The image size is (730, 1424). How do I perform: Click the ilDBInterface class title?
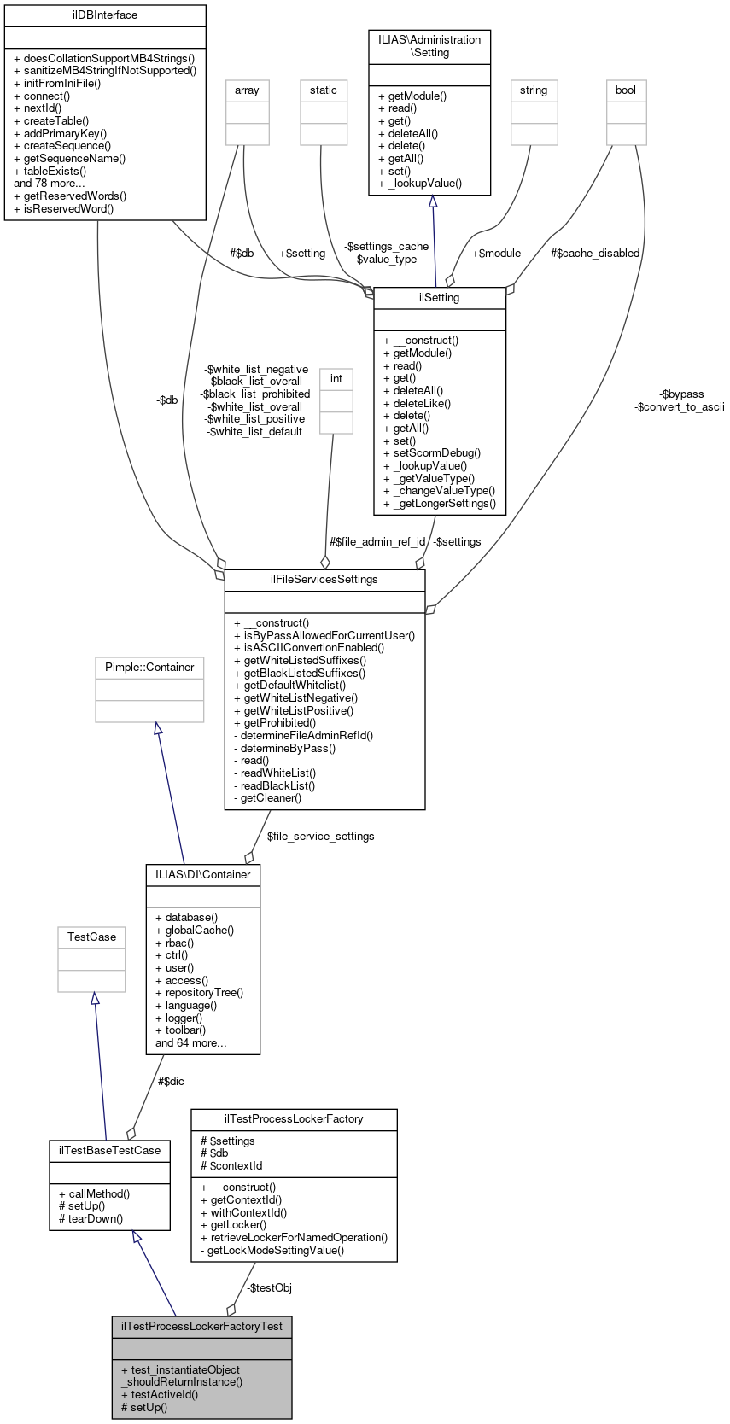(105, 15)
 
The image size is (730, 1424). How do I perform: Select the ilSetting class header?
(440, 298)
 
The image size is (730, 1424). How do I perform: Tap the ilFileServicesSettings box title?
(324, 580)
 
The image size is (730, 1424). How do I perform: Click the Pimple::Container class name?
(149, 668)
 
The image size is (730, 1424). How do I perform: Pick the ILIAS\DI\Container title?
(203, 875)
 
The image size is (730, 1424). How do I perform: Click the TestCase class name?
(92, 937)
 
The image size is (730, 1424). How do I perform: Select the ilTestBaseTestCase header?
(109, 1151)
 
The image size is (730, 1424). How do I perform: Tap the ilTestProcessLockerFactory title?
(294, 1119)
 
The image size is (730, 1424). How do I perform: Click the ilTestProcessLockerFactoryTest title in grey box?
(202, 1327)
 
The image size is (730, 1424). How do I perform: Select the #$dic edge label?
(171, 1082)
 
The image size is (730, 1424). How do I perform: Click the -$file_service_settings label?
(318, 837)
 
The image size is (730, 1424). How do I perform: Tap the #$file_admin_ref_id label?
(377, 542)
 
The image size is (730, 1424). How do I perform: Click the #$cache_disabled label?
(595, 254)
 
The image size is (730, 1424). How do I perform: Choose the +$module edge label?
(496, 254)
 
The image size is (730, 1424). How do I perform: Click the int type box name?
(336, 379)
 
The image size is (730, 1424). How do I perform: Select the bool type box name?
(626, 90)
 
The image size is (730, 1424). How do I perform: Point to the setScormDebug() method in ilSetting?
(432, 453)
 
